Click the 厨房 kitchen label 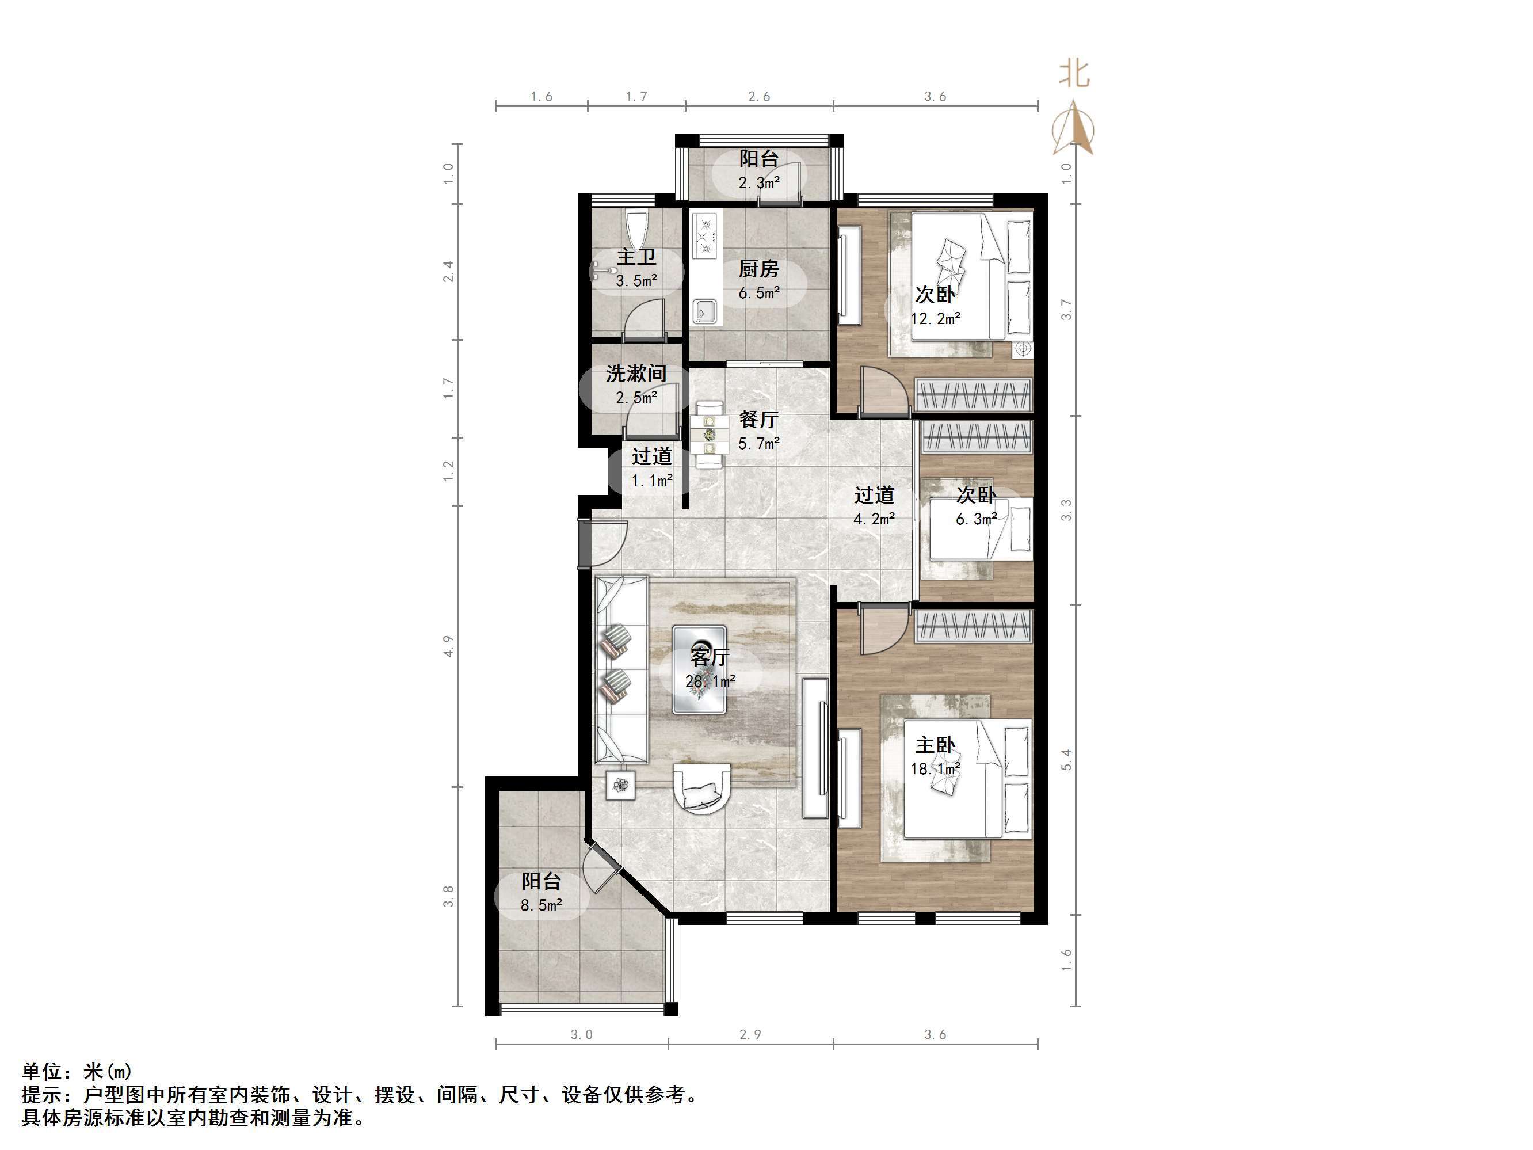758,268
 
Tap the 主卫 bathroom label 636,257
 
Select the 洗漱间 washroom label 636,374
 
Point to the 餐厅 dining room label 758,420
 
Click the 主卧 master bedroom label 935,745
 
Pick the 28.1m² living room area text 710,681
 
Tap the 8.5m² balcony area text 541,905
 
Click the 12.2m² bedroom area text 935,319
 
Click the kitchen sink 706,311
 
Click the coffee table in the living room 699,669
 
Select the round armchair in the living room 701,787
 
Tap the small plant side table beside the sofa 620,785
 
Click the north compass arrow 1073,128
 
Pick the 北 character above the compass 1074,74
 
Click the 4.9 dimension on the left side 448,646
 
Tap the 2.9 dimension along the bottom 750,1035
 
